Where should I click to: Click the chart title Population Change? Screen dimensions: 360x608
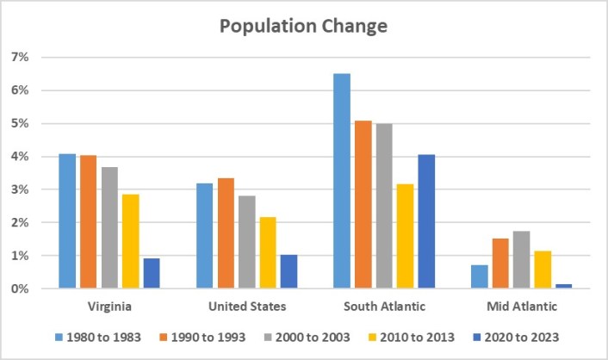pos(303,26)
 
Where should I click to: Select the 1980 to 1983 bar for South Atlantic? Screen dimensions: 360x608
pos(342,181)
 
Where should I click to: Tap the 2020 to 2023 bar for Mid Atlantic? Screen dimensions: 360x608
pos(564,286)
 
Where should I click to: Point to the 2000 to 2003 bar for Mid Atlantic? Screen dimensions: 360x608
pos(522,259)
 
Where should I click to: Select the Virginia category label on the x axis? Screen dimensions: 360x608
pos(109,306)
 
